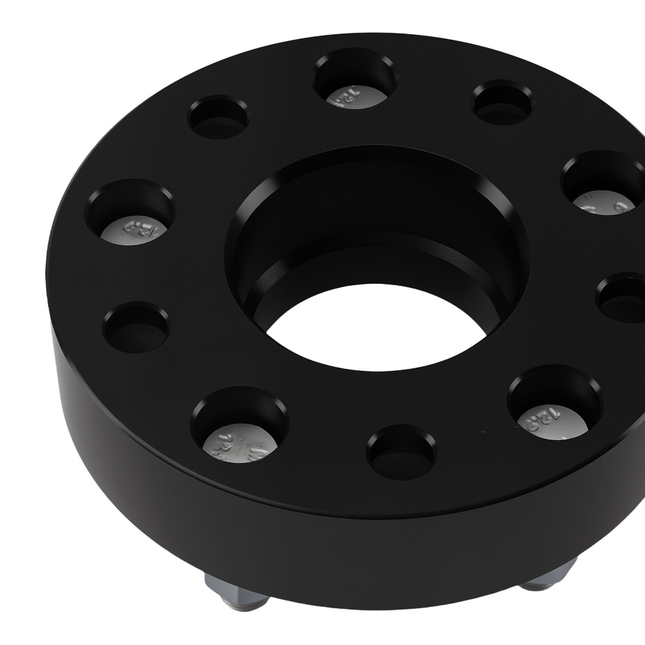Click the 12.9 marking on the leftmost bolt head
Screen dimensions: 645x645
(x=132, y=227)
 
